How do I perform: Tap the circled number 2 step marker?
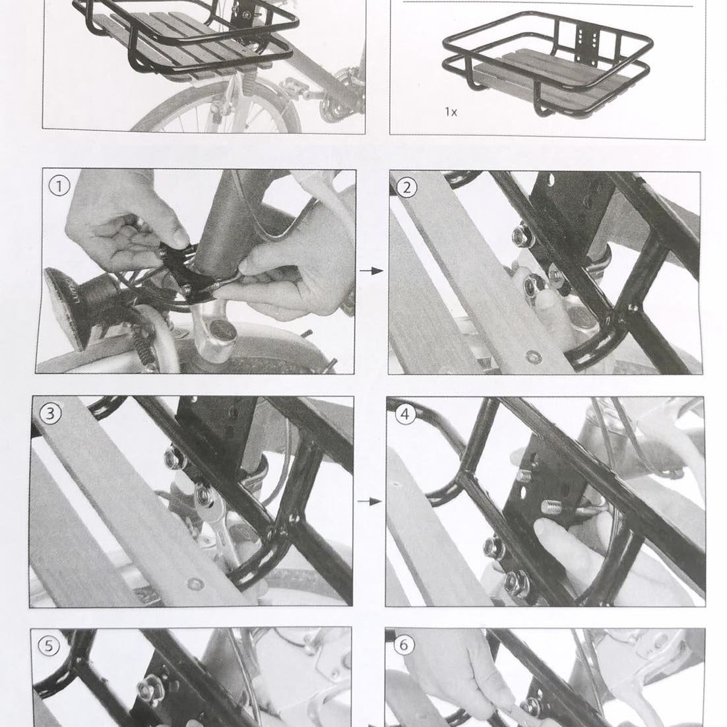pyautogui.click(x=406, y=187)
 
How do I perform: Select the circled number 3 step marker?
pyautogui.click(x=49, y=413)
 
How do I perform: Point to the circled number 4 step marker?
pyautogui.click(x=404, y=414)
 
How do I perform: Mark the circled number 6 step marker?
pyautogui.click(x=404, y=645)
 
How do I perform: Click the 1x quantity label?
pyautogui.click(x=451, y=112)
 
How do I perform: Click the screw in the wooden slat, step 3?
pyautogui.click(x=193, y=583)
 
